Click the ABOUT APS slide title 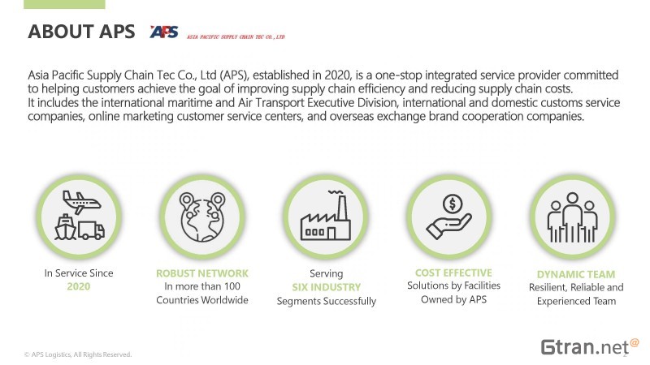[x=81, y=32]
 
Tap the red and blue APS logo [x=164, y=32]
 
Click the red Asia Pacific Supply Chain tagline [x=236, y=36]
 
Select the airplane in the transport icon [x=81, y=202]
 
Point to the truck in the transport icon [x=92, y=230]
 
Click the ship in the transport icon [x=66, y=227]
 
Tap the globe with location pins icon [x=202, y=217]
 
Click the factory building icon [x=326, y=216]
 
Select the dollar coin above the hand [x=453, y=204]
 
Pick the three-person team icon [x=573, y=217]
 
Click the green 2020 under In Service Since [x=78, y=286]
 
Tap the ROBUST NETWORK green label [x=202, y=273]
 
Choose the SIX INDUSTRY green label [x=327, y=287]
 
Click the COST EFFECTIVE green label [x=453, y=273]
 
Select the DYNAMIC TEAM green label [x=576, y=274]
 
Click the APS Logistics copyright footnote [x=78, y=354]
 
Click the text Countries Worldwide [x=202, y=300]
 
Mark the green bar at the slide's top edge [x=64, y=4]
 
